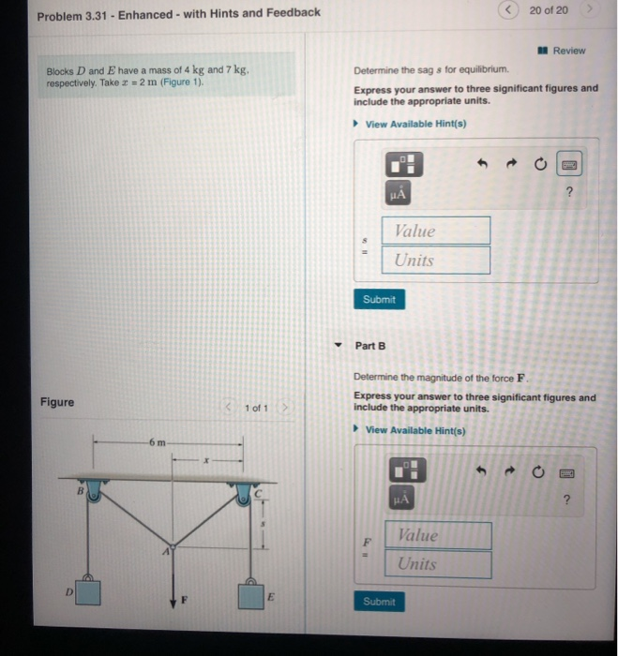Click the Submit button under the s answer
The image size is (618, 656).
click(380, 300)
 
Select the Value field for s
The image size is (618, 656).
click(435, 231)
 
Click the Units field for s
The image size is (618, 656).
click(435, 260)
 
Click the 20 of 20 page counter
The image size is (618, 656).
click(548, 10)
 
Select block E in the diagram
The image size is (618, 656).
click(250, 594)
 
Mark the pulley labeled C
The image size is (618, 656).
click(246, 493)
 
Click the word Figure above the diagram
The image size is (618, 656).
click(57, 403)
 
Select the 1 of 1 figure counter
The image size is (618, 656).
click(255, 409)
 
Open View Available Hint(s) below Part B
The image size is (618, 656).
click(415, 430)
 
